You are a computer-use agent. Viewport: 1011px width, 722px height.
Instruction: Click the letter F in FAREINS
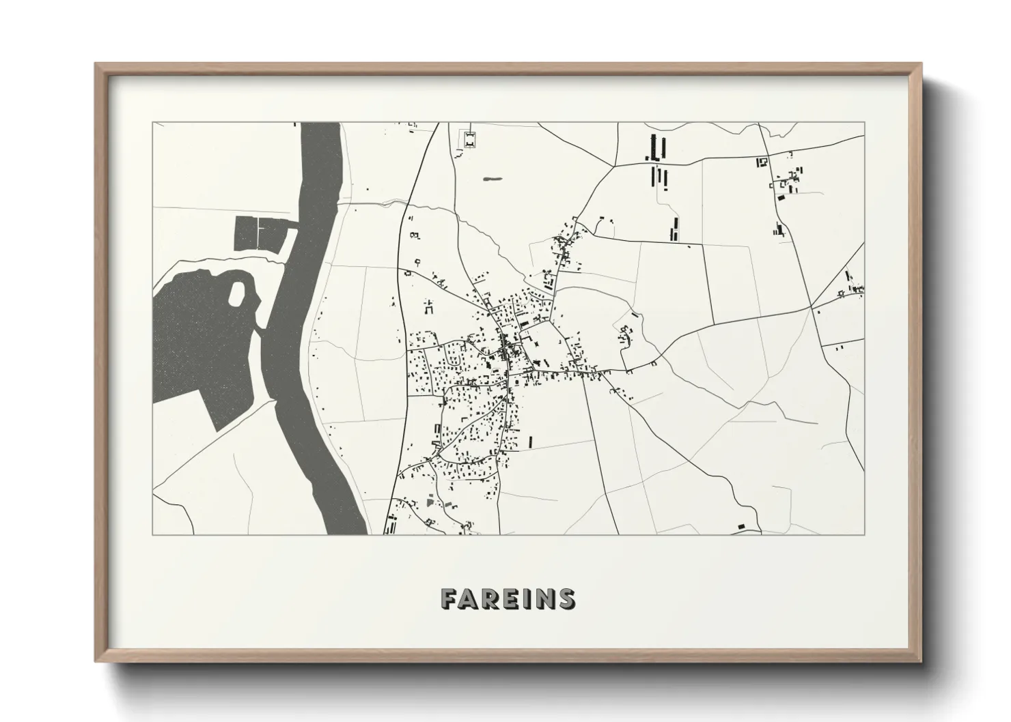[x=449, y=598]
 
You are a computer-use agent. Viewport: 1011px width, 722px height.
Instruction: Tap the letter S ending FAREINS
[x=566, y=598]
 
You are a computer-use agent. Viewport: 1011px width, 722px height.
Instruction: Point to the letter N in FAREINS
[x=544, y=598]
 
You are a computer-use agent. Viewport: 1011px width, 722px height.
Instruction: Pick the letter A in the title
[x=469, y=598]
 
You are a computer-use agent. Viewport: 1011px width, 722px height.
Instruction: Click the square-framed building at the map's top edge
[x=470, y=139]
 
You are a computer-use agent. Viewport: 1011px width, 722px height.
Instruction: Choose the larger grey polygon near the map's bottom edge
[x=429, y=502]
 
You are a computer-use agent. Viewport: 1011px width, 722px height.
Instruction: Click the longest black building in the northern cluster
[x=660, y=146]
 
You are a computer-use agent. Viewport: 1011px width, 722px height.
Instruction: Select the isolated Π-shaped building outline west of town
[x=430, y=306]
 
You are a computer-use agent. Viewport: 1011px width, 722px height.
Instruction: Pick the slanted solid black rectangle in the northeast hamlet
[x=780, y=197]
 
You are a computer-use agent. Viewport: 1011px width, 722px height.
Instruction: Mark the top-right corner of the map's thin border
[x=863, y=123]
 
